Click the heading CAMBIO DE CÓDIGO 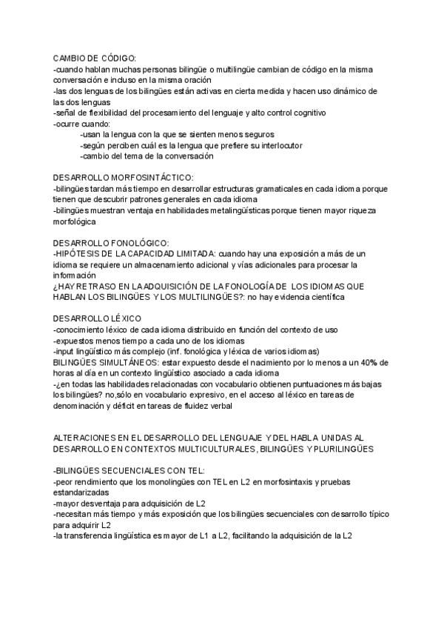tap(95, 59)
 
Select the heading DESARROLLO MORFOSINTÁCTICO tap(123, 178)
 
